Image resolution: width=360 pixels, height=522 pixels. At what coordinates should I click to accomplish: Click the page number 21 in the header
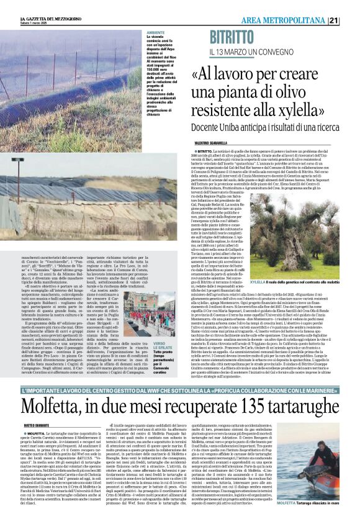point(350,20)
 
